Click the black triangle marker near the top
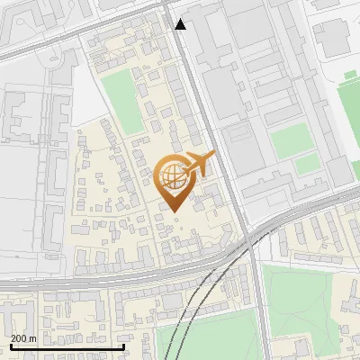pos(181,24)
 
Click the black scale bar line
pos(67,346)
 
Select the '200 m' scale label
pos(23,338)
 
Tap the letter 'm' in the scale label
pos(31,338)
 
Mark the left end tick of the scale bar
pos(11,345)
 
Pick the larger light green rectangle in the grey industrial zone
pos(290,139)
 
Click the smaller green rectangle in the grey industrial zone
pos(308,164)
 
